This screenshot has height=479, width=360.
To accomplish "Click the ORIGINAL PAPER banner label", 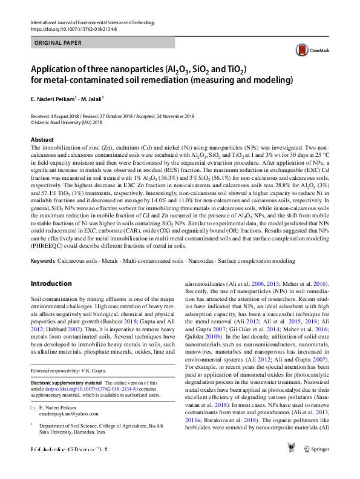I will tap(59, 43).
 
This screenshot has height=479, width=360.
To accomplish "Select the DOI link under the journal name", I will tap(72, 28).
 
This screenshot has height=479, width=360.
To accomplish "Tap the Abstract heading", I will tap(42, 140).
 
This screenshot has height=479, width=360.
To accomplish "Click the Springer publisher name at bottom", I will tap(320, 466).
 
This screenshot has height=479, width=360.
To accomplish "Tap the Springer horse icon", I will tap(293, 463).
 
